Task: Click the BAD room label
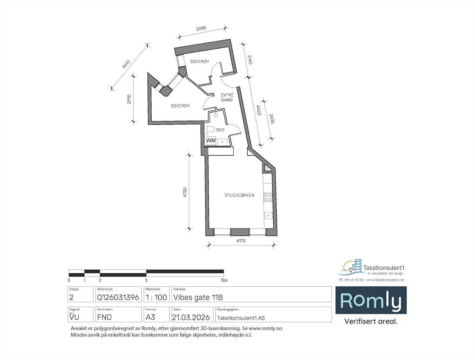click(220, 130)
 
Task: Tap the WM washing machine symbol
click(211, 140)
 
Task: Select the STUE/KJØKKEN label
click(239, 195)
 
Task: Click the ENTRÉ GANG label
click(227, 98)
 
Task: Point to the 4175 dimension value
click(241, 241)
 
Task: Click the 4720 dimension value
click(185, 192)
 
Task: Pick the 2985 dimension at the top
click(201, 28)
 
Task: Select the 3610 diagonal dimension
click(126, 64)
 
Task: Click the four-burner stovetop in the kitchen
click(268, 197)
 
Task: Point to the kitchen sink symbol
click(268, 215)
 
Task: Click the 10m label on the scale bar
click(224, 280)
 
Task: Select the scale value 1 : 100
click(156, 297)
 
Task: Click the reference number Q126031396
click(118, 297)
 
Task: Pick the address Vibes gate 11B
click(198, 297)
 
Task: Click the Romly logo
click(371, 300)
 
